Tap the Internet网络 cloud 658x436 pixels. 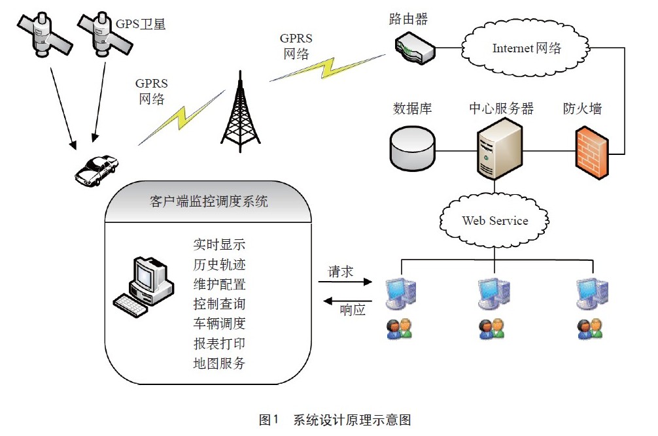[526, 48]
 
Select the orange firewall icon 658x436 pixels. [593, 154]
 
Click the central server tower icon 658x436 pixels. [499, 152]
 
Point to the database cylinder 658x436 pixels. [412, 148]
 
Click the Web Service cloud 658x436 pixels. [494, 220]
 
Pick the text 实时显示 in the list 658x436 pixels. [219, 245]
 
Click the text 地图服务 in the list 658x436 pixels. [219, 363]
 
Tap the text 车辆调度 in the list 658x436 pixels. [219, 324]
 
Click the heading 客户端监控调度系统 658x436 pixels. [209, 201]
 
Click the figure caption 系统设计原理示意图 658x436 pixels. [352, 420]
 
